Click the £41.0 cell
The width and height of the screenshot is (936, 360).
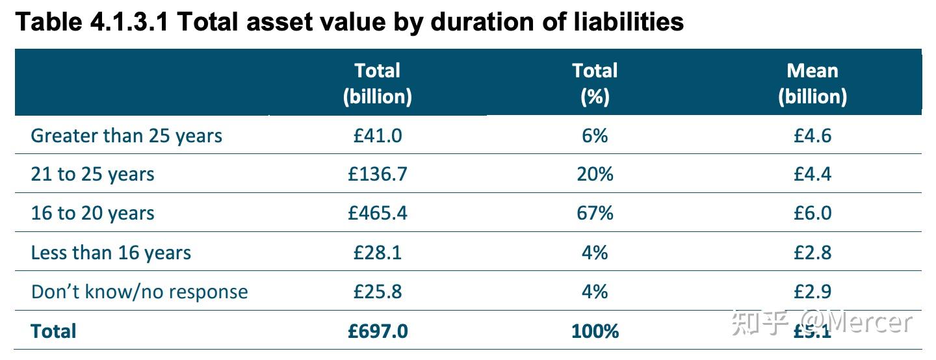pyautogui.click(x=378, y=135)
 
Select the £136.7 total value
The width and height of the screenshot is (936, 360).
pyautogui.click(x=378, y=174)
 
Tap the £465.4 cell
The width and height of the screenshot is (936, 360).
pyautogui.click(x=378, y=213)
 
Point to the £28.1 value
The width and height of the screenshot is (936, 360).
pyautogui.click(x=378, y=252)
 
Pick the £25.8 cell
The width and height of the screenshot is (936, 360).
pyautogui.click(x=378, y=291)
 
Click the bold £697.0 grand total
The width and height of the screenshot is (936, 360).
pyautogui.click(x=378, y=331)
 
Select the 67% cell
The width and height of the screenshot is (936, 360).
pyautogui.click(x=595, y=213)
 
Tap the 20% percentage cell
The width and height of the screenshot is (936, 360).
pyautogui.click(x=595, y=174)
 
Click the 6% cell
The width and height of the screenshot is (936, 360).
pyautogui.click(x=595, y=135)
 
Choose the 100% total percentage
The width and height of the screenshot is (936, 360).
pyautogui.click(x=595, y=331)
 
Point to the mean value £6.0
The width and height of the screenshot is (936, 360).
pyautogui.click(x=812, y=213)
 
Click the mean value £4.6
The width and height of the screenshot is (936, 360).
pyautogui.click(x=812, y=135)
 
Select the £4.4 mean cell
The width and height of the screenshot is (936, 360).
pyautogui.click(x=812, y=174)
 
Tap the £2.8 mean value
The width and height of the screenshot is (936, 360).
pyautogui.click(x=812, y=252)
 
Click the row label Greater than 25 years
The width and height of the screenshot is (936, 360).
pyautogui.click(x=127, y=136)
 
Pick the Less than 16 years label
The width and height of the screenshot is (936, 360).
pyautogui.click(x=111, y=253)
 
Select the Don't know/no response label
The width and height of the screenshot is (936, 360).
pyautogui.click(x=139, y=292)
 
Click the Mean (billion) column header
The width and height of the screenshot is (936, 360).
pyautogui.click(x=812, y=83)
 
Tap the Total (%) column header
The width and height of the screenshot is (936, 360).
pyautogui.click(x=595, y=83)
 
